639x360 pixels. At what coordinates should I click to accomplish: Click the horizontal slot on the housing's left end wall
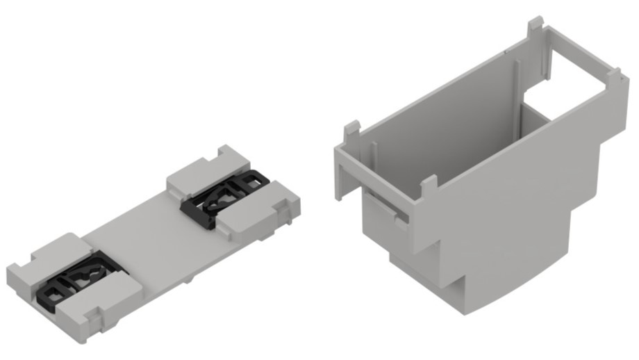[385, 208]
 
